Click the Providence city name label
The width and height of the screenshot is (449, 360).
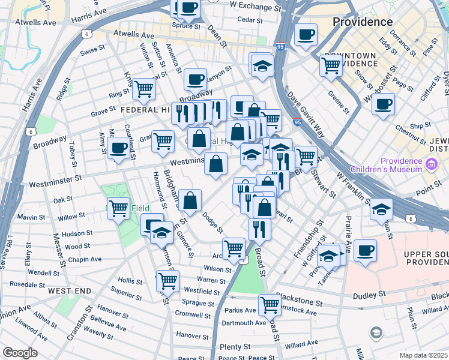(363, 22)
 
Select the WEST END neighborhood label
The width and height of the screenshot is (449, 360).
(70, 291)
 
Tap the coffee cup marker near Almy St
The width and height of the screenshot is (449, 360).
(119, 148)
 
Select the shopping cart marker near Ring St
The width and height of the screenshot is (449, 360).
(144, 89)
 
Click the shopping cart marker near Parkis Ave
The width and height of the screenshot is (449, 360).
(270, 305)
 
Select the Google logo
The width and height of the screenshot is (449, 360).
(20, 353)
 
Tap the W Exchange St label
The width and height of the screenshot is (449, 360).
(251, 5)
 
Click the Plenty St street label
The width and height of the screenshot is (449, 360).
(235, 347)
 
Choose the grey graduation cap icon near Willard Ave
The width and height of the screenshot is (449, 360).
(376, 332)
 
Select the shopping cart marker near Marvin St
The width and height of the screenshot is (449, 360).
(118, 208)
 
